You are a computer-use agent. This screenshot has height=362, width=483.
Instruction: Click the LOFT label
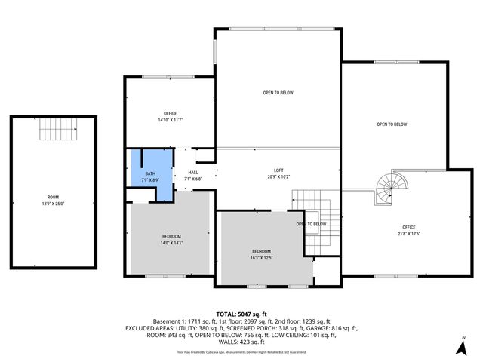(278, 170)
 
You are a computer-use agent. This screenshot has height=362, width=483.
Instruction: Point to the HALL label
(192, 173)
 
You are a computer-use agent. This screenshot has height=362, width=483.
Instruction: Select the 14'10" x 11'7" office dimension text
(171, 120)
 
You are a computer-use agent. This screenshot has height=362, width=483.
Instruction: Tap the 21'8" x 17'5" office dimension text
(409, 234)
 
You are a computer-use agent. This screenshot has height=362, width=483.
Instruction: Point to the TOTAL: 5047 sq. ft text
(241, 314)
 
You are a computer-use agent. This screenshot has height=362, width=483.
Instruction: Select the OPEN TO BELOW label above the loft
(278, 93)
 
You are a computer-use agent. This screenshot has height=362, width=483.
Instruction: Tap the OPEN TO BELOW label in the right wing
(392, 124)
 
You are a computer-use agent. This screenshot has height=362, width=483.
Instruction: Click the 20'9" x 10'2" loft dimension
(278, 177)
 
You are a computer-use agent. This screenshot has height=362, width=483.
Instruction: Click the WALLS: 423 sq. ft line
(241, 342)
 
